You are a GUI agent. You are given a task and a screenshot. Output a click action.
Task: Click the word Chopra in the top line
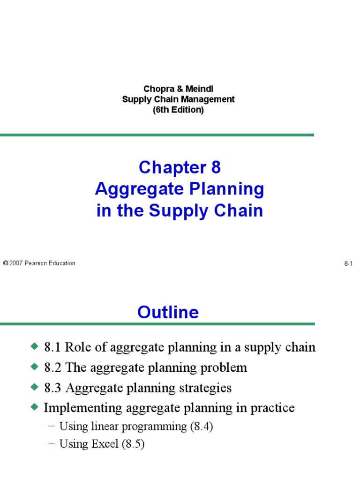pos(156,89)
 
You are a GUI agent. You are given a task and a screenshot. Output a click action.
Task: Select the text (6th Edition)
pos(178,110)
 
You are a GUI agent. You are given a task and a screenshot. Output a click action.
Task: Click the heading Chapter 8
pos(180,167)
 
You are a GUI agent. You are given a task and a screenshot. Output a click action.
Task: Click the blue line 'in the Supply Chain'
pos(180,210)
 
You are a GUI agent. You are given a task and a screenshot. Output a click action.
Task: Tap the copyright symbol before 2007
pos(6,263)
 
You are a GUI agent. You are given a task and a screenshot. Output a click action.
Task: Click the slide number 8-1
pos(348,264)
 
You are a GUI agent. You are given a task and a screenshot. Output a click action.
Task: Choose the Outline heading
pos(168,312)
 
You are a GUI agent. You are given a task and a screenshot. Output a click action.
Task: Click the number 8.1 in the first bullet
pos(52,347)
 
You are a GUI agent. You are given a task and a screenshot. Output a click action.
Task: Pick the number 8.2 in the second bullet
pos(52,367)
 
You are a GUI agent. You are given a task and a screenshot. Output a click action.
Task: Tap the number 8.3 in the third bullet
pos(52,388)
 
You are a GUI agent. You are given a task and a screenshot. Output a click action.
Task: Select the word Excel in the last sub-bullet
pos(105,444)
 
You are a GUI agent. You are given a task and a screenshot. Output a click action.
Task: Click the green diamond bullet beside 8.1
pos(34,346)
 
